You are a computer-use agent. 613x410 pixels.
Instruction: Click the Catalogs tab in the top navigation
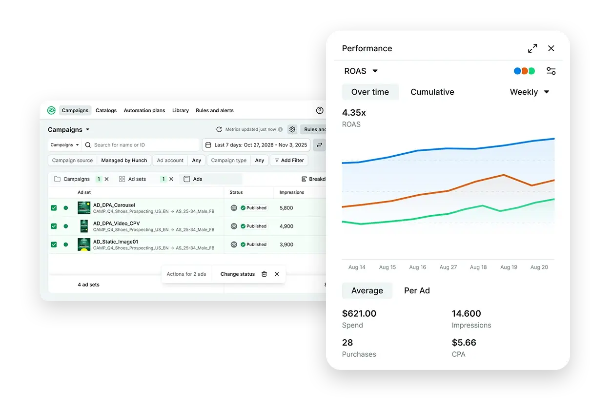[x=106, y=110]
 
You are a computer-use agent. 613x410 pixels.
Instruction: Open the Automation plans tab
[x=144, y=110]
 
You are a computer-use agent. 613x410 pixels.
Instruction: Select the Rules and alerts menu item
[x=214, y=110]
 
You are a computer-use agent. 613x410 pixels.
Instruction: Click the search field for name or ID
[x=142, y=145]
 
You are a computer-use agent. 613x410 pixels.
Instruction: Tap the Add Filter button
[x=289, y=160]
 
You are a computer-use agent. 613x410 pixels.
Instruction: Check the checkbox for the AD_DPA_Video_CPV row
[x=54, y=226]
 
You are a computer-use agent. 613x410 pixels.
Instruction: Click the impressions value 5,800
[x=286, y=208]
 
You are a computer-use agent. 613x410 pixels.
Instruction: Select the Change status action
[x=238, y=274]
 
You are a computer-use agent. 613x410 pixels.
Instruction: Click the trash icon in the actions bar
[x=264, y=274]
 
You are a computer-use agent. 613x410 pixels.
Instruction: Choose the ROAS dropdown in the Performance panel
[x=361, y=71]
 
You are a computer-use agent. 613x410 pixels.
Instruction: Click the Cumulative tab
[x=432, y=92]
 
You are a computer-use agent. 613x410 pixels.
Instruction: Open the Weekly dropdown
[x=530, y=92]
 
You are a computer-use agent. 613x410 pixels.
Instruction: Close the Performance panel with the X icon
[x=551, y=48]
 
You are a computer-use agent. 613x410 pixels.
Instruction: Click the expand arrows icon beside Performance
[x=532, y=48]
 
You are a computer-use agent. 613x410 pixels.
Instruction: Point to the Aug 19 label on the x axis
[x=509, y=267]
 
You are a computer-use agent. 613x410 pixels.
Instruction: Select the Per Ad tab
[x=417, y=290]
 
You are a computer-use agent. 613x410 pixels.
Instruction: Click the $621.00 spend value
[x=359, y=314]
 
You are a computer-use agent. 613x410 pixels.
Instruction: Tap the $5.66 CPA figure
[x=464, y=343]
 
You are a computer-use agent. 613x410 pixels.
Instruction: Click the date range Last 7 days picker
[x=256, y=145]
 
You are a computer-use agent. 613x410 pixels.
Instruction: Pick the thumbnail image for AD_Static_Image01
[x=84, y=245]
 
